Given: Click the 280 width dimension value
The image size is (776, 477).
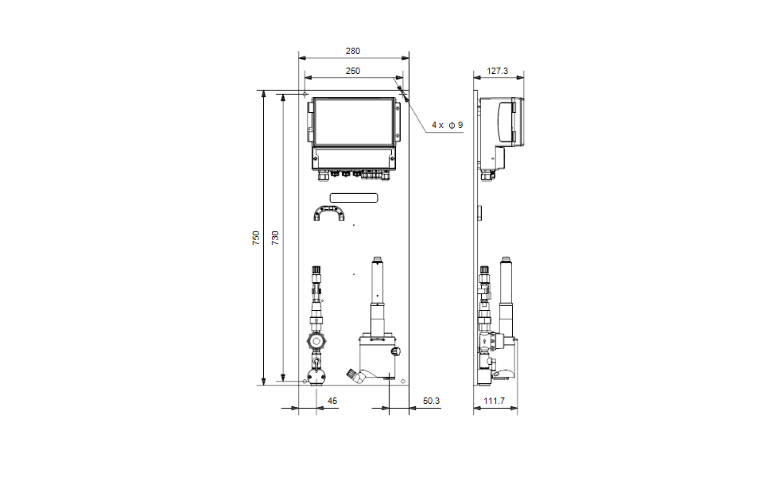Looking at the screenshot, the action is coord(353,51).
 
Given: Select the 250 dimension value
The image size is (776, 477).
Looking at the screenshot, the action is coord(353,71).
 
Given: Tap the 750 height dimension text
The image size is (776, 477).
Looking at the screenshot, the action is coord(256,238).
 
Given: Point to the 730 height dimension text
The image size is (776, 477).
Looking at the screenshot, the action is coord(275,238).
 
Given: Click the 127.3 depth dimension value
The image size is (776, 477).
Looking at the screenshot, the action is coord(498,71).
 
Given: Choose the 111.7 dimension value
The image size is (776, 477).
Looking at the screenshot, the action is coord(495,401).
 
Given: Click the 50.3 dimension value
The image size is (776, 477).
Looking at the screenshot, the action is coord(431,401).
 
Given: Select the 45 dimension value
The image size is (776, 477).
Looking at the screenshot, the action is coord(332,401).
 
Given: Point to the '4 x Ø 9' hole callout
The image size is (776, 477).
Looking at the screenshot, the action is coord(448,125).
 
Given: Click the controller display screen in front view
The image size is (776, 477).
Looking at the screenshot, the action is coord(354,122).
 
